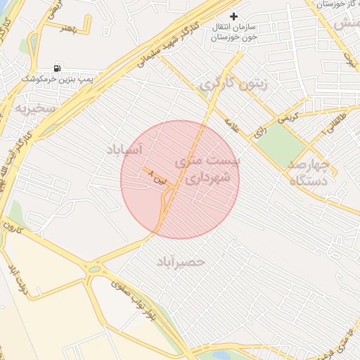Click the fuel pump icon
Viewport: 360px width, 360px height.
pyautogui.click(x=56, y=69)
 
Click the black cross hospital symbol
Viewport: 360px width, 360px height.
pyautogui.click(x=234, y=15)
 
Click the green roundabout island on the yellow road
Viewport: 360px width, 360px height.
pyautogui.click(x=94, y=269)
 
